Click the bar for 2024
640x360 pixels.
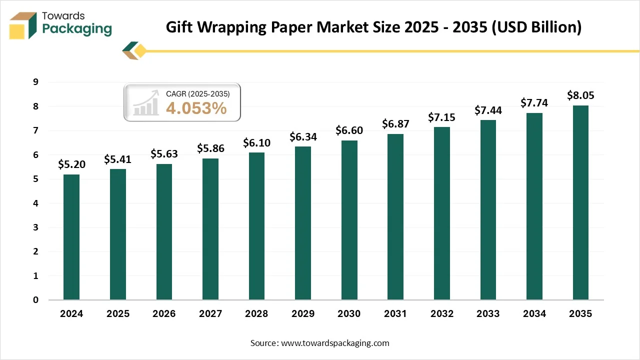point(71,237)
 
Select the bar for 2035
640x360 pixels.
point(580,202)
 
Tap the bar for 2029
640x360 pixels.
point(303,223)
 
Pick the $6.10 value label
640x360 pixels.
point(256,143)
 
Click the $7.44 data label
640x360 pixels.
point(488,110)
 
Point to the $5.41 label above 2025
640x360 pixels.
point(117,159)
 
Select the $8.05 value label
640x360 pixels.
point(580,95)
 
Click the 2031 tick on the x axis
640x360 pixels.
point(395,314)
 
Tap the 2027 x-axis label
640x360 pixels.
point(210,314)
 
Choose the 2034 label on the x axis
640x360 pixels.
point(534,314)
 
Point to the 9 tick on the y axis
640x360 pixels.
point(36,82)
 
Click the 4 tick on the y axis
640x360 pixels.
point(36,203)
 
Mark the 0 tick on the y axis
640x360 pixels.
point(36,300)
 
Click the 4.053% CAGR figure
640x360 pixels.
point(196,108)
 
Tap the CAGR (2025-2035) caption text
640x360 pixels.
point(197,93)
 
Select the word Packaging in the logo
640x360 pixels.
point(77,29)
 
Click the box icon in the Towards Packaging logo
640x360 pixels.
point(23,25)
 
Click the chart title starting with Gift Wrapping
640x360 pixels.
point(373,27)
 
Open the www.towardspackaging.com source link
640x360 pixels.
point(335,343)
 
